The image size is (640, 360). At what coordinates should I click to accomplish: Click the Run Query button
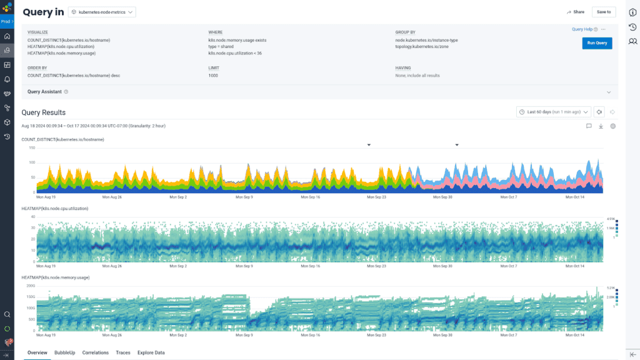(x=597, y=43)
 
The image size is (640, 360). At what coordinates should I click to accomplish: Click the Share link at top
(x=576, y=12)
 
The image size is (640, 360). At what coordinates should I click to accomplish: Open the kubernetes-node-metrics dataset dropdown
(x=102, y=12)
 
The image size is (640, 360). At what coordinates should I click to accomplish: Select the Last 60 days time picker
(x=554, y=112)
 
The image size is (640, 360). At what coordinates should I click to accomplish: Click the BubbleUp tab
(x=64, y=352)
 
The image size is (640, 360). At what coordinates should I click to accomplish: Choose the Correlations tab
(x=96, y=352)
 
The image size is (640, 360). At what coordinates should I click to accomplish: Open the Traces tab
(x=123, y=352)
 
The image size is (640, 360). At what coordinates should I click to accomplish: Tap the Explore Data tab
(x=151, y=352)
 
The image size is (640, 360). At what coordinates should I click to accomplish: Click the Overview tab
(x=37, y=352)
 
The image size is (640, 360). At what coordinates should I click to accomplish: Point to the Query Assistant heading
(x=44, y=92)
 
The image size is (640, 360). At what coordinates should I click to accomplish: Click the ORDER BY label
(x=37, y=67)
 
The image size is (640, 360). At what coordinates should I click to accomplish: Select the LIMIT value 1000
(x=214, y=75)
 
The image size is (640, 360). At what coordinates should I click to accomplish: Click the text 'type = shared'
(x=221, y=46)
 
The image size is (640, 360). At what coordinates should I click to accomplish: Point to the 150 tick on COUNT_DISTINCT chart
(x=31, y=147)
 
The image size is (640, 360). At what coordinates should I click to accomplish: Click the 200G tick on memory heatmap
(x=31, y=285)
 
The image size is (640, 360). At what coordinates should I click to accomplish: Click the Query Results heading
(x=43, y=112)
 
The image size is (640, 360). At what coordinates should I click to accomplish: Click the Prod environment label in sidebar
(x=6, y=21)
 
